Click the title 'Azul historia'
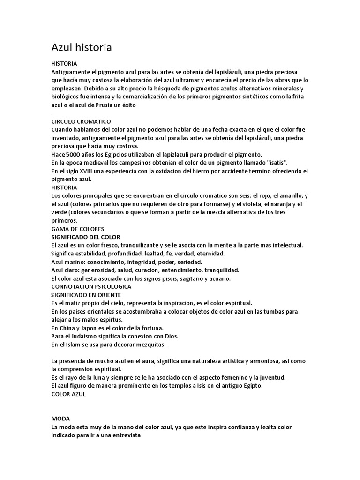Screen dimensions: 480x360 (81, 47)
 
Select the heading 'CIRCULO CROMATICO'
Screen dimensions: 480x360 (81, 121)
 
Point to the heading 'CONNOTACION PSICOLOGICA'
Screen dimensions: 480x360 (91, 286)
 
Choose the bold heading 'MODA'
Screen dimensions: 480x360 (60, 418)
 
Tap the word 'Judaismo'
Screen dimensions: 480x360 (94, 336)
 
